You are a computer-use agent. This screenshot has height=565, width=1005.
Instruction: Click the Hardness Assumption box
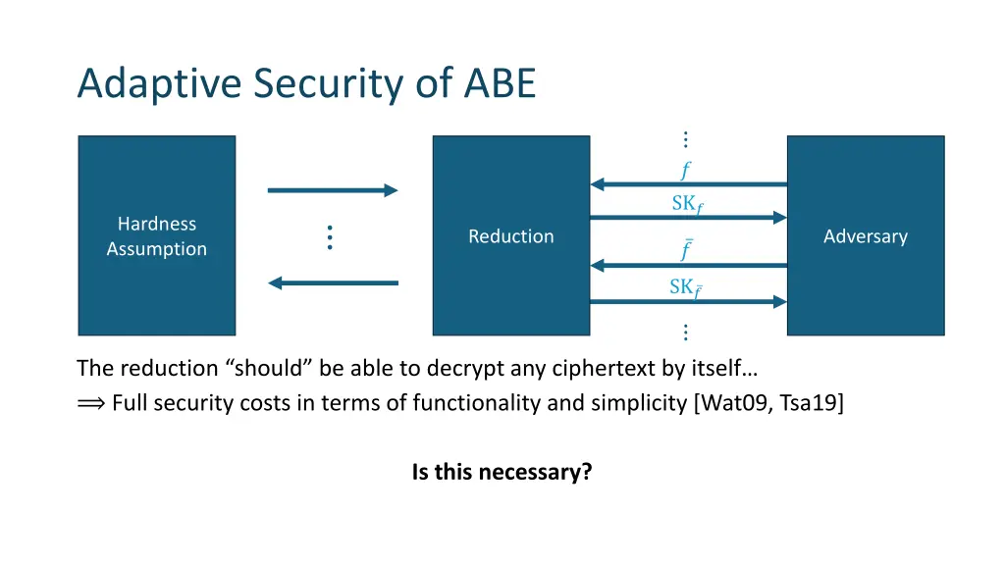click(157, 235)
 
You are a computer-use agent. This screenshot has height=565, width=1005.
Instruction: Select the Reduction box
click(510, 235)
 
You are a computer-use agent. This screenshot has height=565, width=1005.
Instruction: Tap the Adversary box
click(865, 235)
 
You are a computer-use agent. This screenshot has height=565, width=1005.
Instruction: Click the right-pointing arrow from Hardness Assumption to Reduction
click(333, 190)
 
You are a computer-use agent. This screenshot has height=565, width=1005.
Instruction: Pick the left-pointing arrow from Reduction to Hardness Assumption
click(333, 283)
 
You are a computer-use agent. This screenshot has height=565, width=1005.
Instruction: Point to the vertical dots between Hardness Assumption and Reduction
click(330, 236)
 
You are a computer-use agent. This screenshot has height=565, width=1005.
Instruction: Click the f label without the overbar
click(685, 171)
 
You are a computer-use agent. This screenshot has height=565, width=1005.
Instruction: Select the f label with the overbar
click(686, 250)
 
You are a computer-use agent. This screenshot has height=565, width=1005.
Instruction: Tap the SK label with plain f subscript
click(687, 204)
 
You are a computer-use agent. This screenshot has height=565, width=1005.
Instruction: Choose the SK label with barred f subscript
click(686, 287)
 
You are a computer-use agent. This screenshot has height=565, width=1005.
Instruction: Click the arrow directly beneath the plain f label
click(688, 184)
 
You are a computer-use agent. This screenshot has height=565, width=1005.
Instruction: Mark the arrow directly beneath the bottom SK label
click(688, 302)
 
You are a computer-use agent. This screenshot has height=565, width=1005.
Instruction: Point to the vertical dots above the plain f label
click(685, 140)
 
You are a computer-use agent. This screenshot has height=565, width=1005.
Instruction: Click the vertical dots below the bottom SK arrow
click(685, 333)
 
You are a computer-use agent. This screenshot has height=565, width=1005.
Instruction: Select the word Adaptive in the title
click(160, 84)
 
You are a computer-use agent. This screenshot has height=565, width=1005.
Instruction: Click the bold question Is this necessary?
click(502, 472)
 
